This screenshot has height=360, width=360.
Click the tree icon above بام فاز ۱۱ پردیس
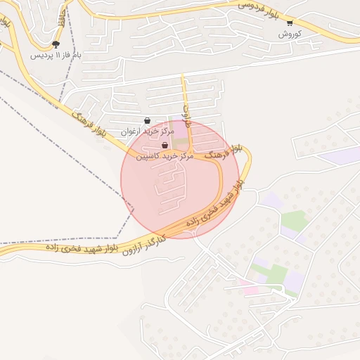(x=56, y=44)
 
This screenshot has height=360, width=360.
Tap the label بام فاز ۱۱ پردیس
(x=56, y=54)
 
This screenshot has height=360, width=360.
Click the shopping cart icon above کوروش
(x=290, y=23)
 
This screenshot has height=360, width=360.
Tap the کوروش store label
(x=290, y=34)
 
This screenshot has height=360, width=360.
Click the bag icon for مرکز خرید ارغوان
(x=147, y=120)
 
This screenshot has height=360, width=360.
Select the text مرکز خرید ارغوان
(x=147, y=131)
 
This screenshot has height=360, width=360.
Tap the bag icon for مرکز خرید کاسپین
(x=165, y=146)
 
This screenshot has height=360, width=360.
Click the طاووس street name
(x=187, y=112)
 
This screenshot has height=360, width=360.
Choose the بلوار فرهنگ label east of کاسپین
(x=219, y=150)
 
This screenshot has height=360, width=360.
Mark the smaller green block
(x=295, y=221)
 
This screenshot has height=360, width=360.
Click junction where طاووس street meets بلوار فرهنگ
(x=191, y=155)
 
